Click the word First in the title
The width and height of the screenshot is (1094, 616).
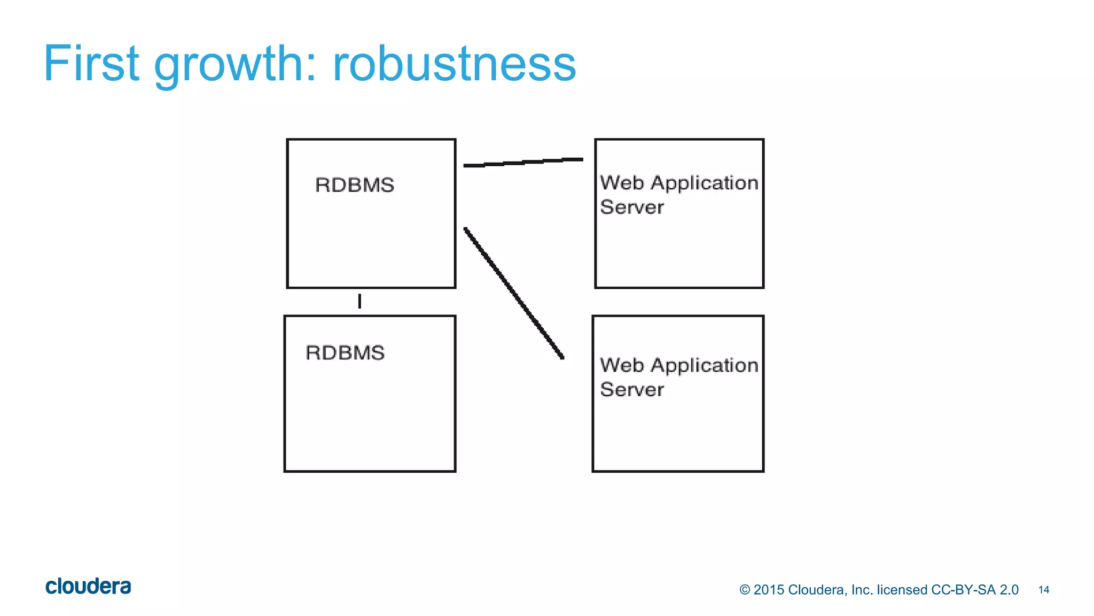pos(91,64)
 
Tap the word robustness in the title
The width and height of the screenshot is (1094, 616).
pos(454,64)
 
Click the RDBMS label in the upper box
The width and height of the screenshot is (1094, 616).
pos(354,185)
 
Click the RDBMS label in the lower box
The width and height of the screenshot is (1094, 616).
pos(345,353)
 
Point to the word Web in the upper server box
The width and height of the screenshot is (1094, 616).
pos(622,183)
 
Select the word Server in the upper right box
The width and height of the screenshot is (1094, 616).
pos(632,207)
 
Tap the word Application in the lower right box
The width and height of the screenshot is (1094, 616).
pos(705,365)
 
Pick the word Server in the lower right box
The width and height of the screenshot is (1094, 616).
pos(632,389)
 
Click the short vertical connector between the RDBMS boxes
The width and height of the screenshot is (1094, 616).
pos(360,301)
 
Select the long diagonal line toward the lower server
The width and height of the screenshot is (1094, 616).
pos(513,292)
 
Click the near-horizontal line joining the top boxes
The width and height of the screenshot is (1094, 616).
pos(523,162)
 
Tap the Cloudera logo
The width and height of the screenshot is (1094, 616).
pos(88,586)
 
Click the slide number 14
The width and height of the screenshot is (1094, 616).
pos(1044,590)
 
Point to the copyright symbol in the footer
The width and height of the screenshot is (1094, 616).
pos(745,590)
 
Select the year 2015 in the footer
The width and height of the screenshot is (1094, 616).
pos(768,590)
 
